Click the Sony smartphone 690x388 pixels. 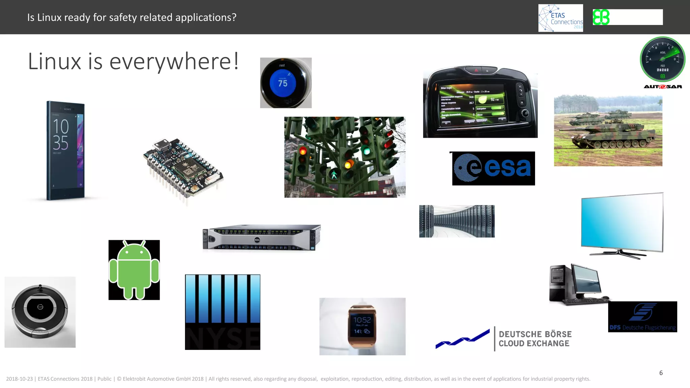tap(65, 150)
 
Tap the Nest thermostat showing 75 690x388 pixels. tap(286, 83)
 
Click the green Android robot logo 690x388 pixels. tap(134, 270)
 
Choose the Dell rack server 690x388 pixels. tap(261, 237)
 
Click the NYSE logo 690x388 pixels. tap(222, 312)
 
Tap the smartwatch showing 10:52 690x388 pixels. tap(362, 326)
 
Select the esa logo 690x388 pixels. tap(493, 168)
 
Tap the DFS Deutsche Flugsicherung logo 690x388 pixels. tap(642, 317)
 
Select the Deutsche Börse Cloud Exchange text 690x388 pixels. tap(535, 339)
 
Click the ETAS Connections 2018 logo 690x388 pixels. tap(561, 18)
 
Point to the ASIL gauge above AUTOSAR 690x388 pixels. tap(662, 59)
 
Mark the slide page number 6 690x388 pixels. tap(661, 373)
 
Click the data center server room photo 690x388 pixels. tap(457, 221)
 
